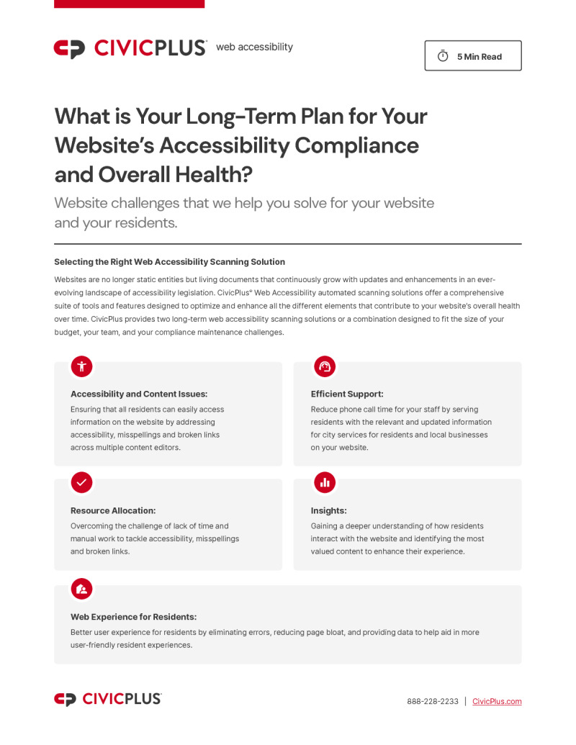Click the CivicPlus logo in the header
point(130,48)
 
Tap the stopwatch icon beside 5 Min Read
point(443,56)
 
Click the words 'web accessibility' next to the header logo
point(254,47)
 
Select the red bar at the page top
point(129,4)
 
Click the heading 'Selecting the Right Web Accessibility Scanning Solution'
point(169,262)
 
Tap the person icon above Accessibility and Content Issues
point(81,366)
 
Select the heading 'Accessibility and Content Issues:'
point(139,394)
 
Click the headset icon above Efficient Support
point(325,366)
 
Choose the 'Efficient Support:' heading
point(347,394)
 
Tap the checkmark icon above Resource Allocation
point(81,482)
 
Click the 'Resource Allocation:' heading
point(113,510)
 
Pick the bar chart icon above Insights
point(325,482)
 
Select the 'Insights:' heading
point(328,510)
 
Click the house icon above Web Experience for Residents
point(81,589)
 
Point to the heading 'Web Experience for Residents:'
point(133,617)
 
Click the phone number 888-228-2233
point(432,701)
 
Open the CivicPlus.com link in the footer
point(497,701)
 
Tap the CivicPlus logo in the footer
point(108,699)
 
